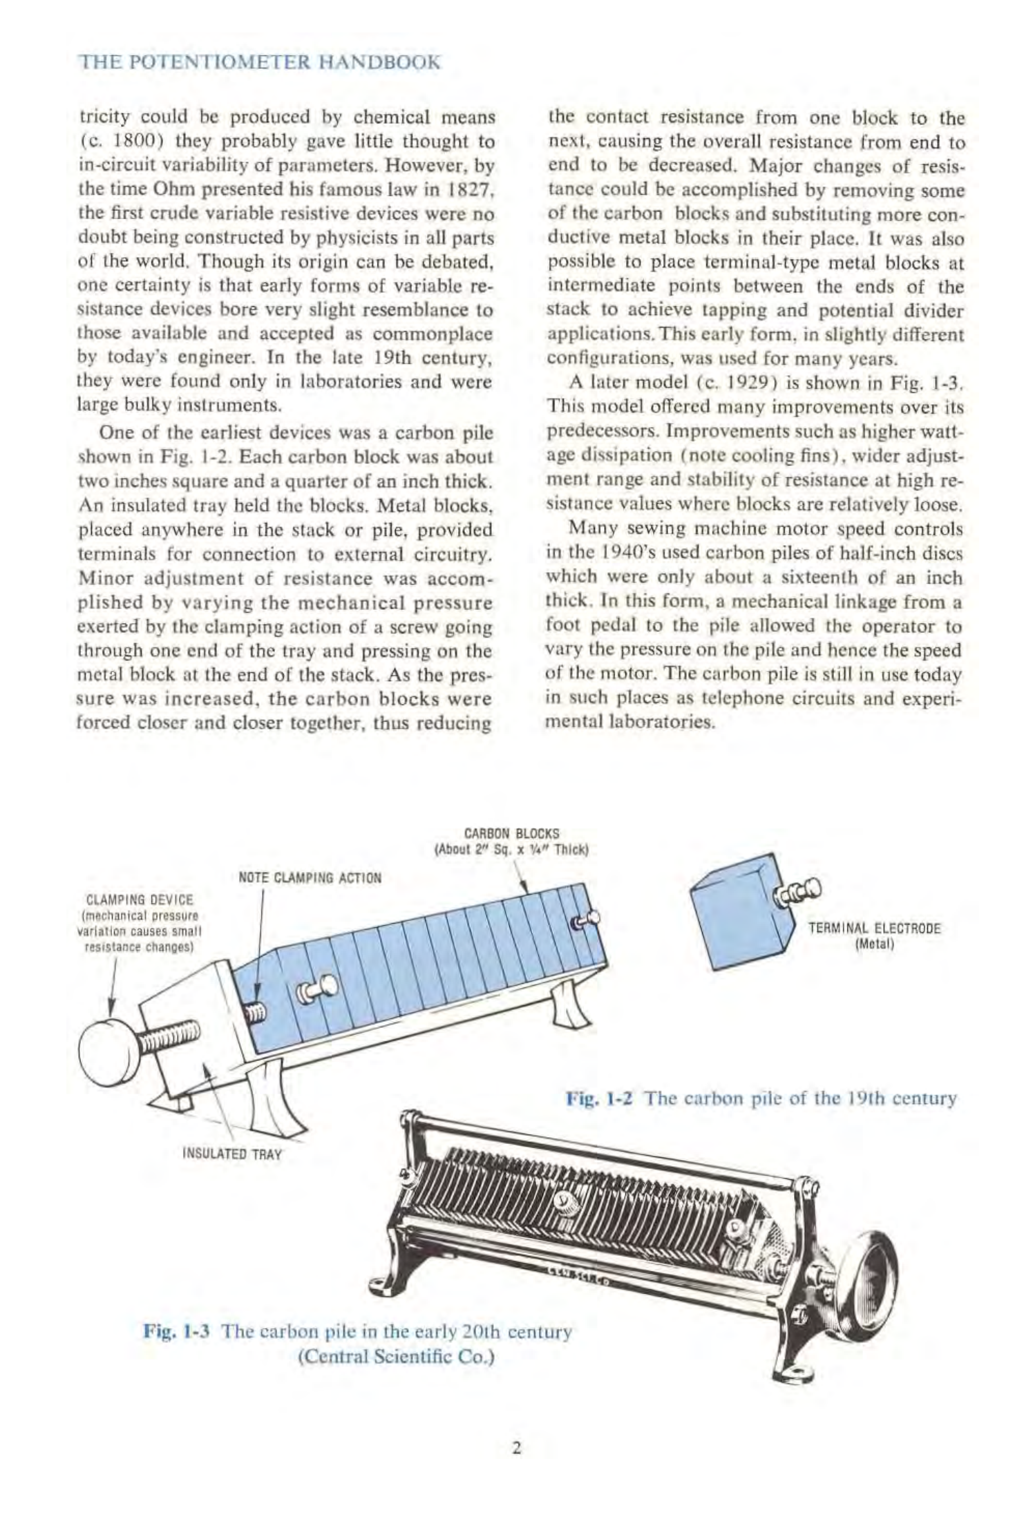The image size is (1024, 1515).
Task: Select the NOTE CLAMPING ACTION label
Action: pyautogui.click(x=310, y=878)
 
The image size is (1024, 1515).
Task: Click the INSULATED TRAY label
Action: pyautogui.click(x=231, y=1154)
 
